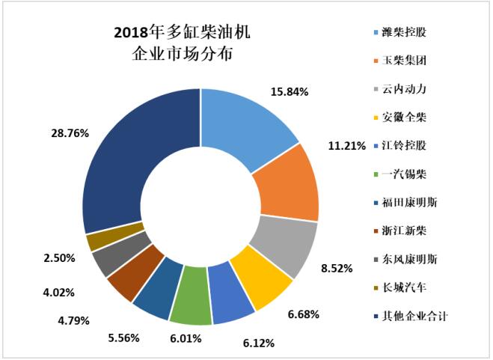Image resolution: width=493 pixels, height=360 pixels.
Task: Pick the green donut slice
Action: coord(190,305)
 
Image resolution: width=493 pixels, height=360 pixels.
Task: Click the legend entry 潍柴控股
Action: coord(408,33)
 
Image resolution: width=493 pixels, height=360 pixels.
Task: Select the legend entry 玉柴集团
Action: coord(408,61)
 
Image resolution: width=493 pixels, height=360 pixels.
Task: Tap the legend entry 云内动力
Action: coord(408,90)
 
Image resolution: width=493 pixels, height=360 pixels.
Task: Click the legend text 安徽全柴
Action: coord(408,118)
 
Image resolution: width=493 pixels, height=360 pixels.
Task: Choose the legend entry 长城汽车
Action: coord(408,287)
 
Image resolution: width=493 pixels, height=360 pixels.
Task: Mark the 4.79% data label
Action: coord(73,320)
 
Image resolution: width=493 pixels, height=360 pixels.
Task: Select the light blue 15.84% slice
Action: coord(247,120)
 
